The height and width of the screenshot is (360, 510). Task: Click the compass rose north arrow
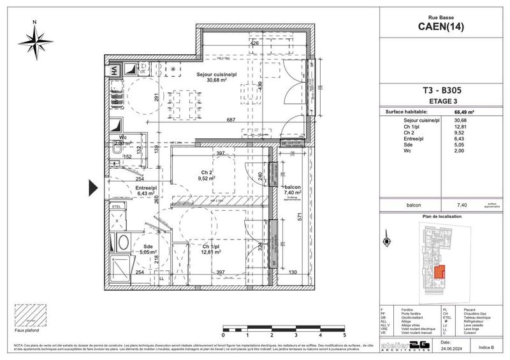pyautogui.click(x=36, y=40)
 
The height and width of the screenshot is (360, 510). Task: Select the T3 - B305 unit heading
pyautogui.click(x=444, y=90)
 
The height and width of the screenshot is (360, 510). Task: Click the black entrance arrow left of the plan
pyautogui.click(x=92, y=188)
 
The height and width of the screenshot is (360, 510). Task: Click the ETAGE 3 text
pyautogui.click(x=444, y=99)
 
